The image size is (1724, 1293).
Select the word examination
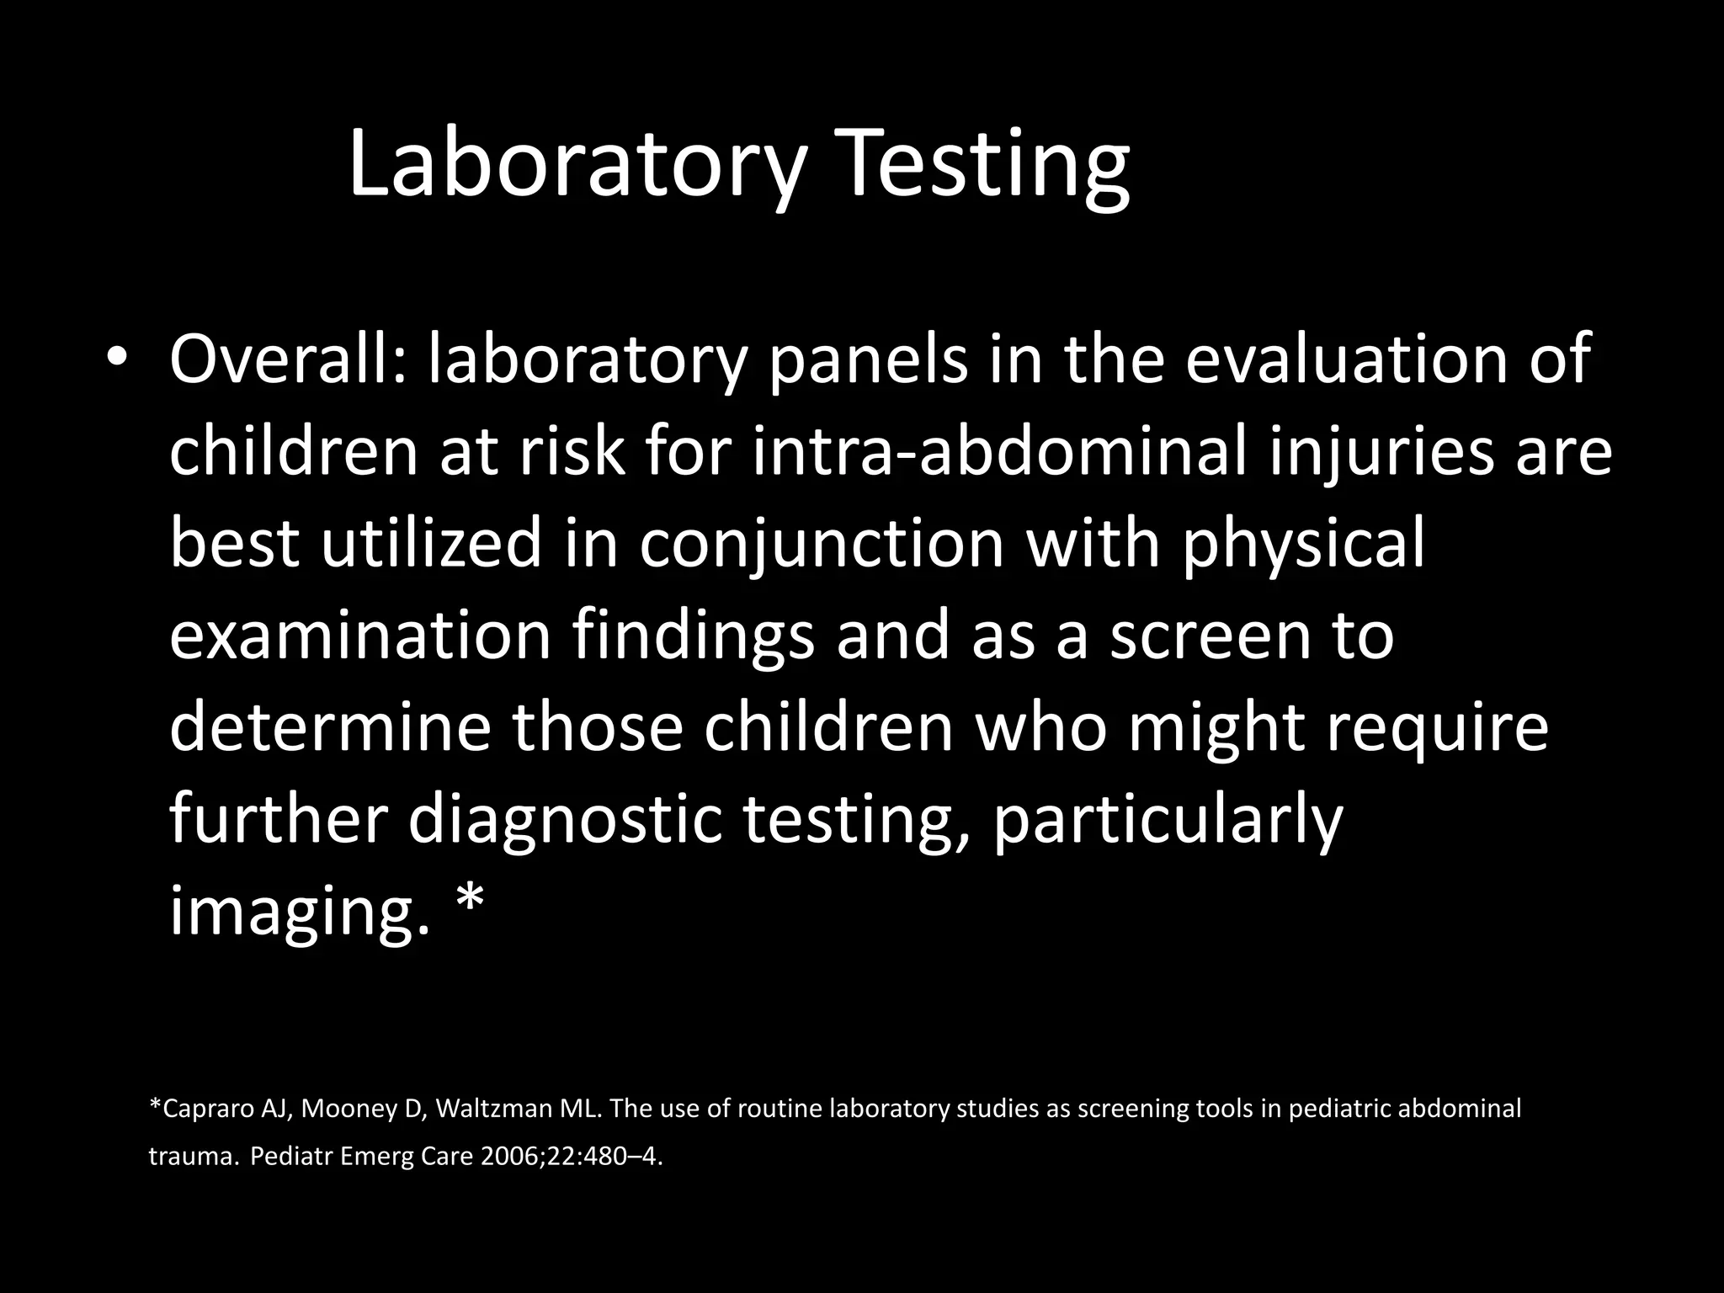point(360,636)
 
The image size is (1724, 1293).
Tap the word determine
point(330,727)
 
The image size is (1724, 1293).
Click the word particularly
point(1168,820)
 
